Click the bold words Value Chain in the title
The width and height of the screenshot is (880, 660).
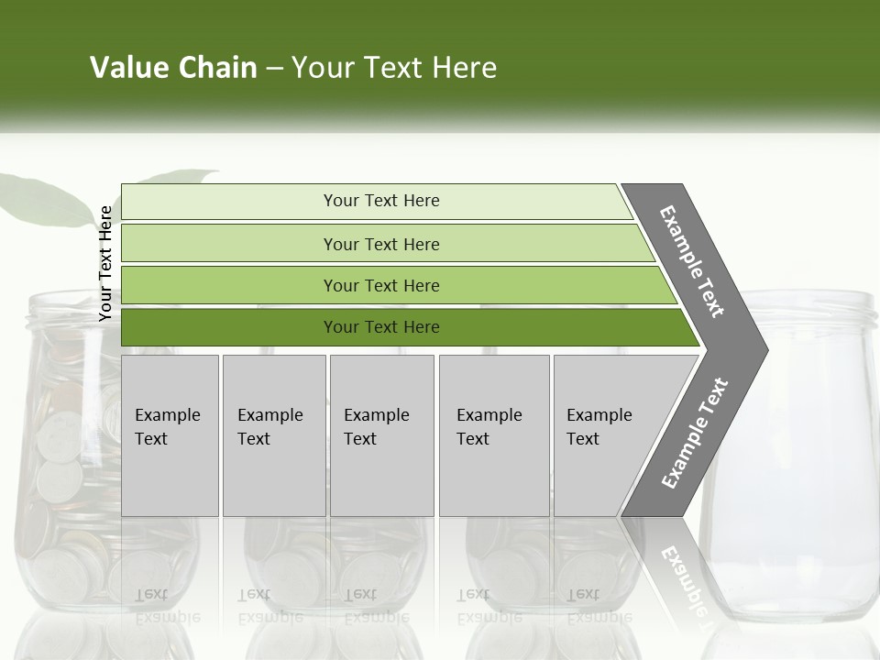pyautogui.click(x=173, y=68)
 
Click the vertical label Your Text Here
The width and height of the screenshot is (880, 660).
pyautogui.click(x=106, y=264)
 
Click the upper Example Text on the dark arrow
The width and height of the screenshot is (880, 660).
pyautogui.click(x=692, y=261)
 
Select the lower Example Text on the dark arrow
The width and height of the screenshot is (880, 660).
pyautogui.click(x=695, y=433)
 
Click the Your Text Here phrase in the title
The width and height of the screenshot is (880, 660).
pyautogui.click(x=394, y=68)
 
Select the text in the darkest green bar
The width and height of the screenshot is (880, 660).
pyautogui.click(x=381, y=327)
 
